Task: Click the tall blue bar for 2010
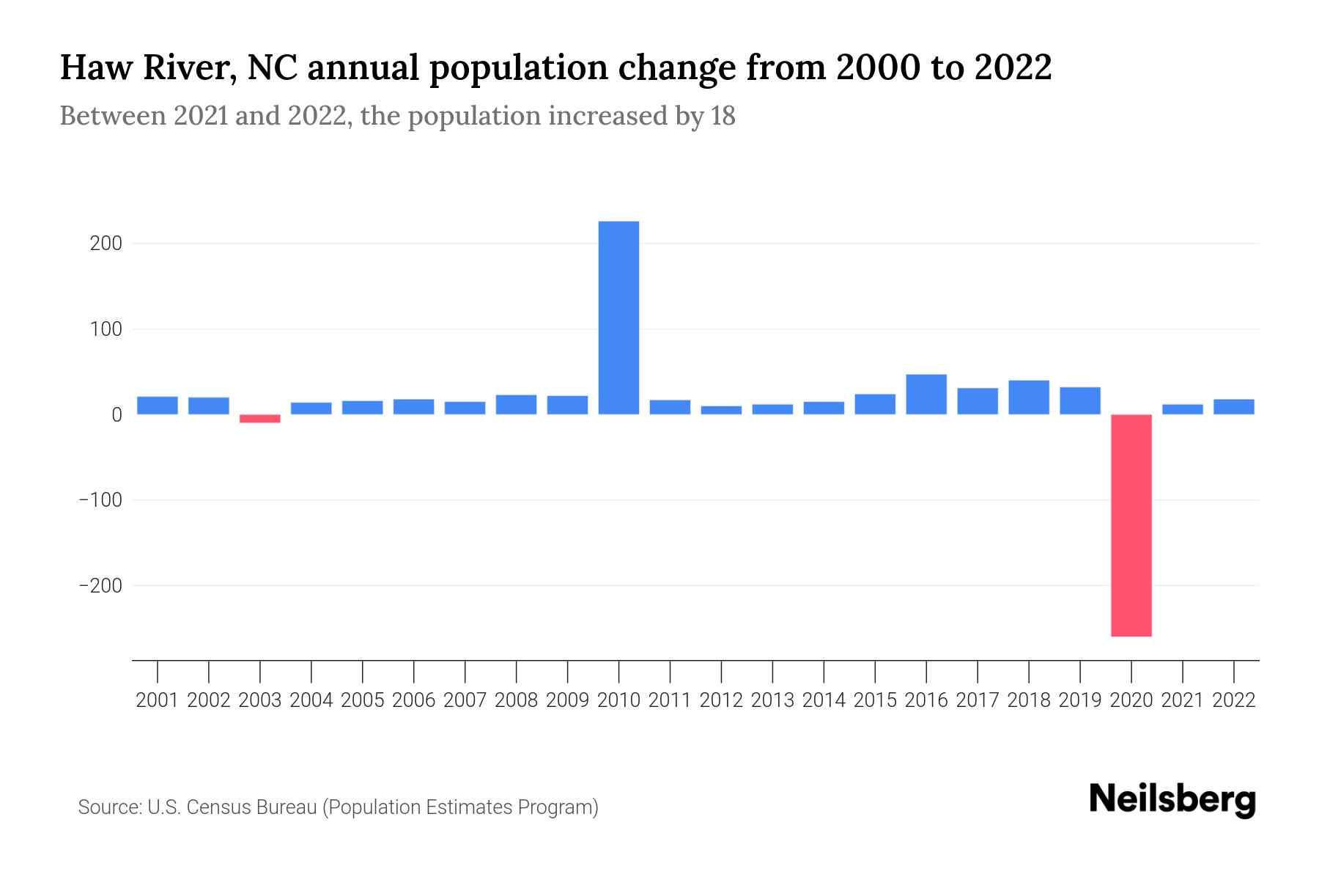(x=618, y=318)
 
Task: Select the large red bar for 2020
(x=1131, y=525)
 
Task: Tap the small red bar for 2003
(x=260, y=419)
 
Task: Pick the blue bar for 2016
(x=926, y=395)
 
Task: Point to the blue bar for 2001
(x=158, y=406)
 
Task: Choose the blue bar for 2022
(x=1234, y=407)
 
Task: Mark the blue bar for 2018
(x=1029, y=397)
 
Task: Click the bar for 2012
(x=721, y=411)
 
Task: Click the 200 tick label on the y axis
(x=106, y=243)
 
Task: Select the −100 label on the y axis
(x=100, y=500)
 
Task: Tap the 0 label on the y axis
(x=117, y=415)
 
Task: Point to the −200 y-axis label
(x=100, y=586)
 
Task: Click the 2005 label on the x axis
(x=363, y=700)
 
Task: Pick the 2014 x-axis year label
(x=824, y=700)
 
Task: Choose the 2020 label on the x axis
(x=1131, y=700)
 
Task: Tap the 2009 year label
(x=567, y=700)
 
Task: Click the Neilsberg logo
(x=1172, y=799)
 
